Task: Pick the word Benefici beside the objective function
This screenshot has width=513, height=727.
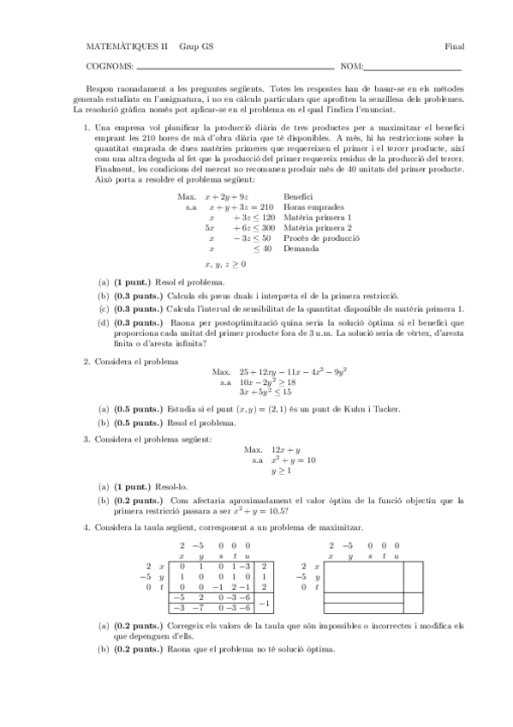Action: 287,196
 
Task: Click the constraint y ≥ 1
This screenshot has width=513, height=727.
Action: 281,471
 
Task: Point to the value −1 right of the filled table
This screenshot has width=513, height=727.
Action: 265,604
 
